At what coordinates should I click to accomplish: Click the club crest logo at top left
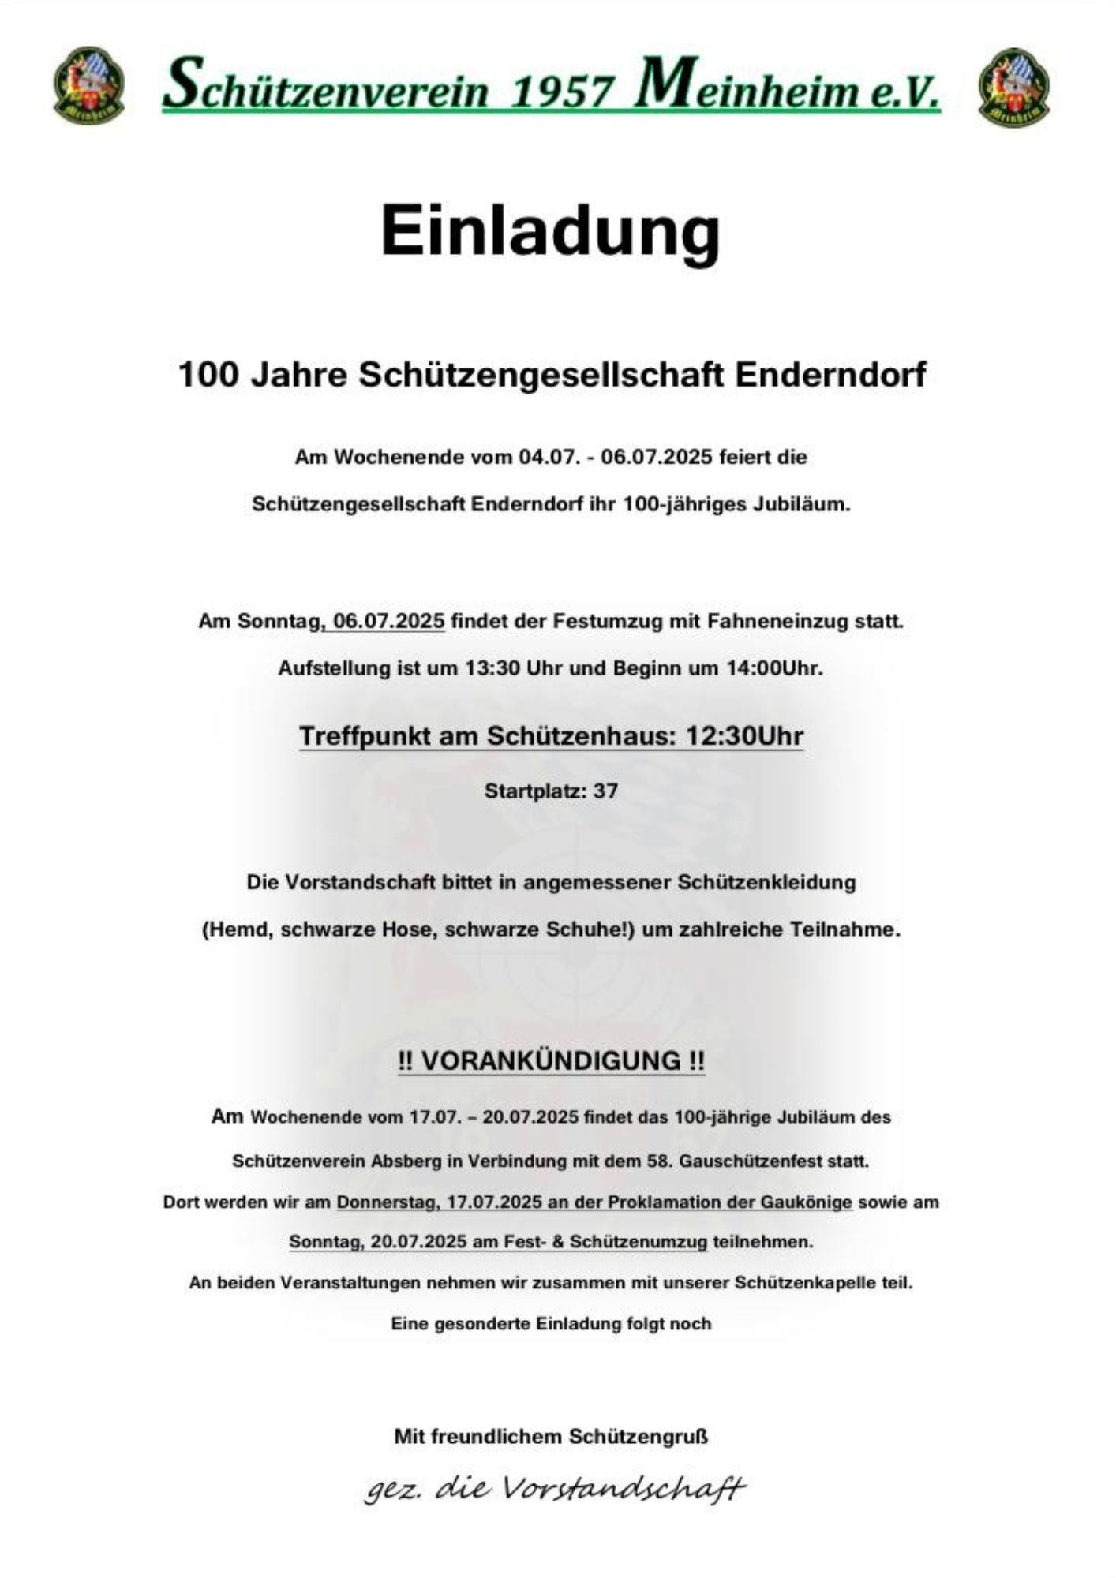[x=88, y=84]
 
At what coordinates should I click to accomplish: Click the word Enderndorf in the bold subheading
[x=830, y=374]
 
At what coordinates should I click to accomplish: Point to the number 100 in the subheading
[x=208, y=374]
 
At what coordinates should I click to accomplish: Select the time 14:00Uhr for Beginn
[x=775, y=668]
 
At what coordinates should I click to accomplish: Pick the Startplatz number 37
[x=605, y=791]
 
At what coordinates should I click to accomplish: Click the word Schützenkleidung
[x=766, y=882]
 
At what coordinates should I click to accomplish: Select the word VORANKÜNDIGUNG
[x=550, y=1060]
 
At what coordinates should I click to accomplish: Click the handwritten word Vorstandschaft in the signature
[x=623, y=1489]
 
